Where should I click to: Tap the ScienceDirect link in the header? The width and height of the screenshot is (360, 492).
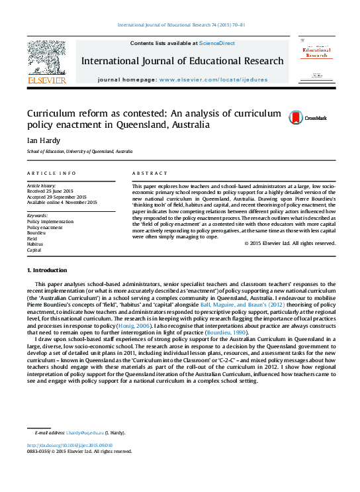(x=217, y=43)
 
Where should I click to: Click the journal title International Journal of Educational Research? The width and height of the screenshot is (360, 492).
(x=182, y=61)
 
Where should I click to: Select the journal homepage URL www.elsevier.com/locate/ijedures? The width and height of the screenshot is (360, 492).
(x=210, y=79)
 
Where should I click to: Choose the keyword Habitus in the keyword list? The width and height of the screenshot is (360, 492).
(x=36, y=244)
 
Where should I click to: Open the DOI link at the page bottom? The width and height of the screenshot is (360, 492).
(x=69, y=446)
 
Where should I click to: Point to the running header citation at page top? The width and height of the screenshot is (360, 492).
(x=181, y=25)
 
